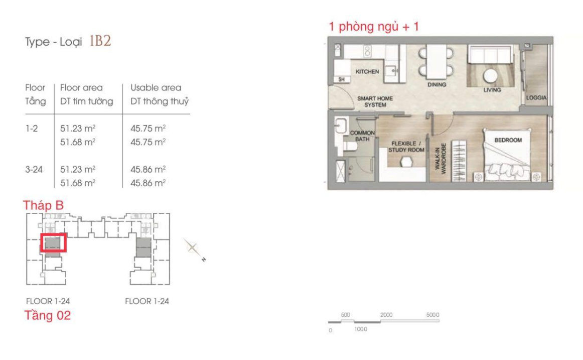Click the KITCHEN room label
367,71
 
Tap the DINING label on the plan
436,84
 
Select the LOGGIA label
536,97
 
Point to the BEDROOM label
508,140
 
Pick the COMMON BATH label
362,136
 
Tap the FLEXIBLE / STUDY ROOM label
406,147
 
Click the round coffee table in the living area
490,76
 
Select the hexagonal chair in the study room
406,162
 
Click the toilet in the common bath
350,146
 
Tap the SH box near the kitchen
341,79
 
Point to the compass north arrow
194,249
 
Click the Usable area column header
156,88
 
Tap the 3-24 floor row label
34,170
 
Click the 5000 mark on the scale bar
433,315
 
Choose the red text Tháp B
43,205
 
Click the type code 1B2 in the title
100,41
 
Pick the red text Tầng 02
48,315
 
